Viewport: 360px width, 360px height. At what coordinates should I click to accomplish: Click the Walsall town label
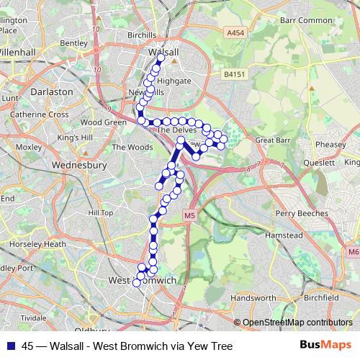pyautogui.click(x=162, y=53)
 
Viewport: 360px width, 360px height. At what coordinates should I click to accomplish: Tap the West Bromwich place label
pyautogui.click(x=142, y=279)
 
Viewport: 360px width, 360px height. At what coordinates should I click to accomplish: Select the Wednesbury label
pyautogui.click(x=79, y=165)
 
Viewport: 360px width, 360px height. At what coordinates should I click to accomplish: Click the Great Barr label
pyautogui.click(x=272, y=140)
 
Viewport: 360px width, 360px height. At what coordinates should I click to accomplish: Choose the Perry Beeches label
pyautogui.click(x=302, y=213)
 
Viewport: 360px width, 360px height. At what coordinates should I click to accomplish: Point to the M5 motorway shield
pyautogui.click(x=189, y=215)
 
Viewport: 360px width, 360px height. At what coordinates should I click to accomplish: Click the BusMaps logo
pyautogui.click(x=325, y=345)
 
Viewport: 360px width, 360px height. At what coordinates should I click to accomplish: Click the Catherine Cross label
pyautogui.click(x=40, y=114)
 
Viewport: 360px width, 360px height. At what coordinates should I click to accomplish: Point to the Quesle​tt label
pyautogui.click(x=319, y=163)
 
